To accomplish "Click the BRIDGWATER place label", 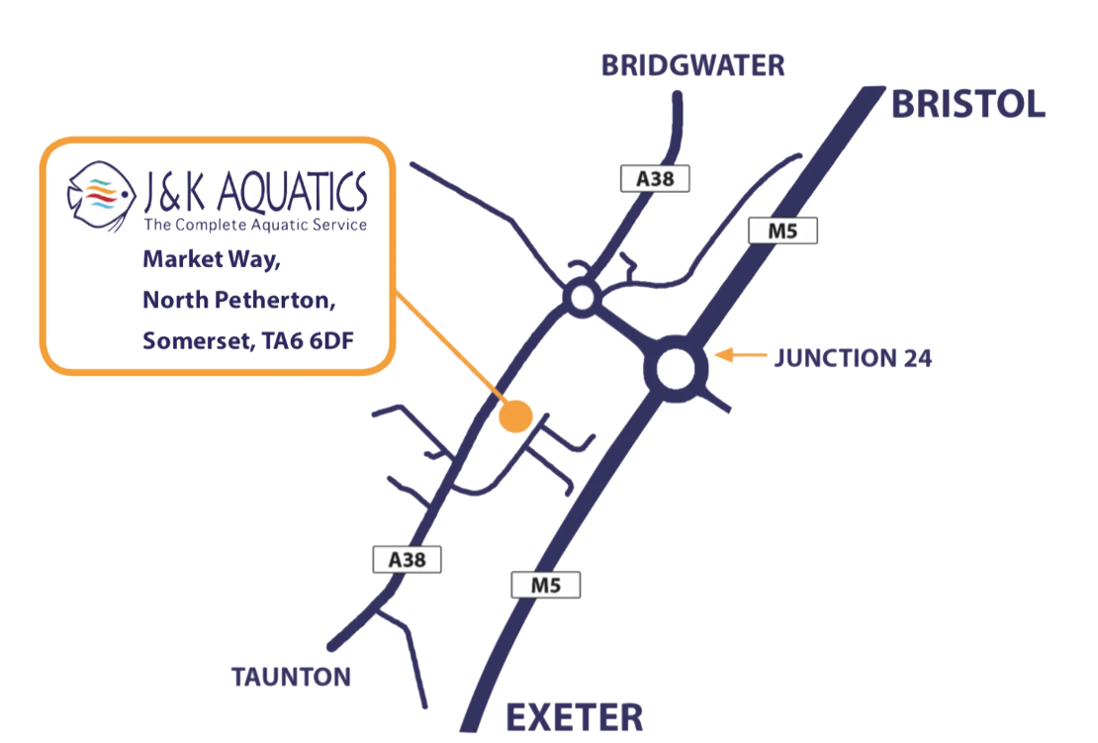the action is pos(693,66).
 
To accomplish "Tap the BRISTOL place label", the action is pos(968,103).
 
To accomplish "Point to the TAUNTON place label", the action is pos(291,678).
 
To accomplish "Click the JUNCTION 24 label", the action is pos(853,357).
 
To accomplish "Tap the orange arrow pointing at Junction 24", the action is pos(741,354).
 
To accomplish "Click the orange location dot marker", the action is pos(515,417).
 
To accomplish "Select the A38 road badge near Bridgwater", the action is pos(654,179).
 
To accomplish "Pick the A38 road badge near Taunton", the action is pos(407,559).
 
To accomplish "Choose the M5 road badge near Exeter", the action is pos(545,585).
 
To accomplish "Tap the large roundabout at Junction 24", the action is pos(677,372).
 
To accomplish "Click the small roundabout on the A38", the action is pos(581,296).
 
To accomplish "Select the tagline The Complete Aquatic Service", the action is pos(255,226).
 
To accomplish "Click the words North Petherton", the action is pos(232,300).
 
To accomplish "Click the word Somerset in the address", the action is pos(194,340).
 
